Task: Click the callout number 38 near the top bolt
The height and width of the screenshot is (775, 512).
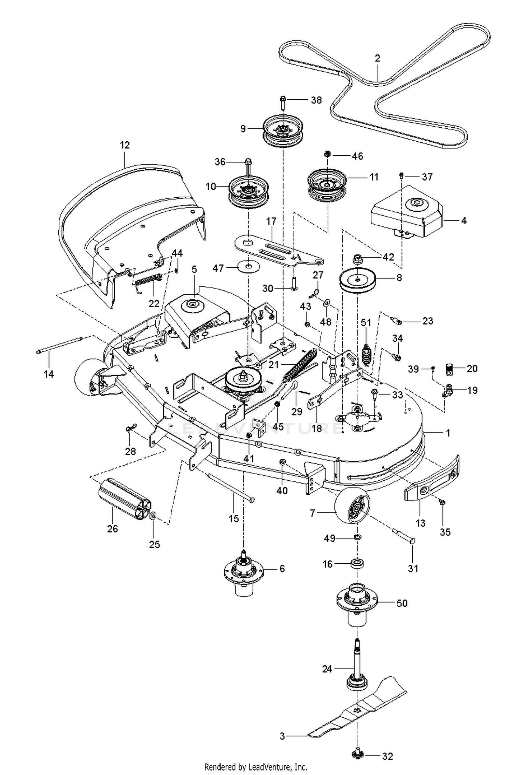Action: (316, 100)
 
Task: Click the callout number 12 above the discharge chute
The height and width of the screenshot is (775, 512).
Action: (125, 145)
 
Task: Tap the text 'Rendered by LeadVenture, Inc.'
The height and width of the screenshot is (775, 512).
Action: (256, 767)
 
